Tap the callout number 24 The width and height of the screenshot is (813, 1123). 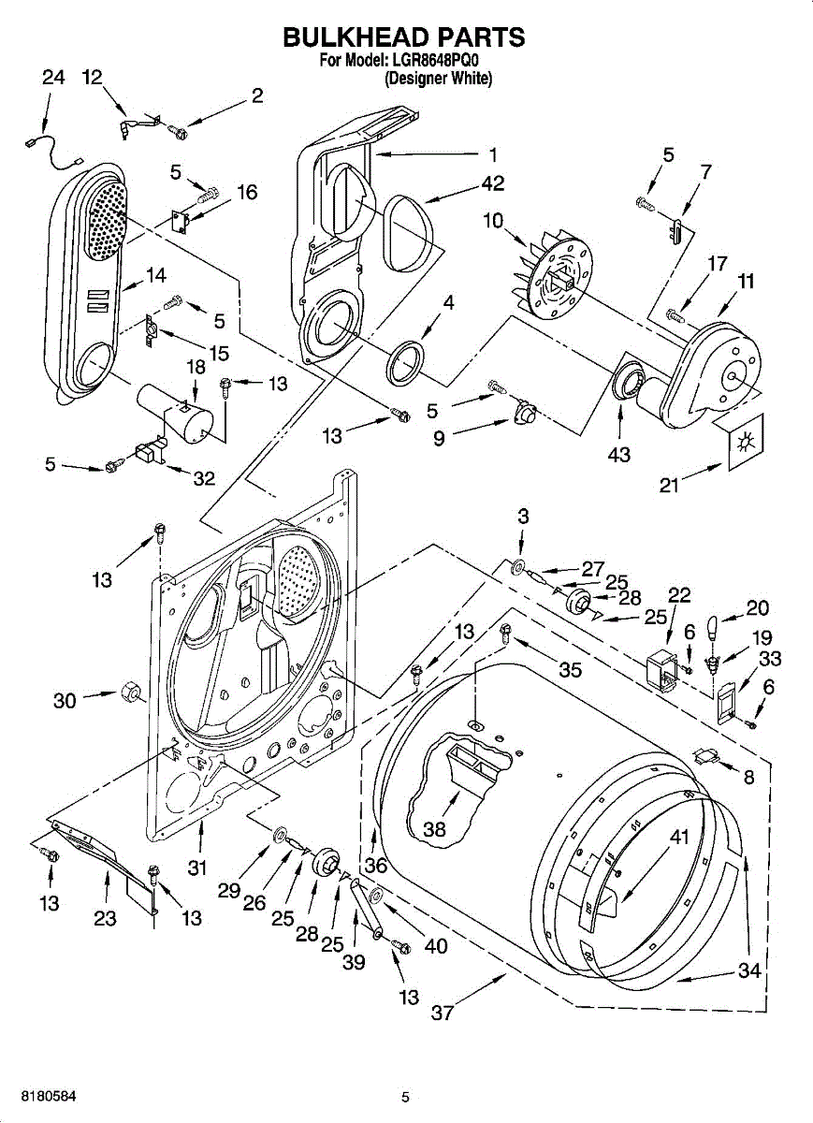click(x=53, y=78)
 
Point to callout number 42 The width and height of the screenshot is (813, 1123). click(x=492, y=183)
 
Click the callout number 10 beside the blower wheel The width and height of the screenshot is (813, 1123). click(x=493, y=221)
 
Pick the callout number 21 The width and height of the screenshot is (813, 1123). click(x=669, y=486)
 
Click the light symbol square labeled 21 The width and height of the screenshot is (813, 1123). click(x=746, y=442)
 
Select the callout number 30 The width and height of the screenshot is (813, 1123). click(x=65, y=700)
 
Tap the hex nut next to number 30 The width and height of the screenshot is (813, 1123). click(x=129, y=693)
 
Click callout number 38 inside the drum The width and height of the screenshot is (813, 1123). click(x=434, y=829)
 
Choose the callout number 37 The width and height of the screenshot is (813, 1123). click(x=443, y=1013)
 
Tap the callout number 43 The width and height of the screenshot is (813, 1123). click(x=619, y=455)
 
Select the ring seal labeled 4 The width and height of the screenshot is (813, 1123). click(x=405, y=362)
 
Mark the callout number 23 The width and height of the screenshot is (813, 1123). click(x=105, y=918)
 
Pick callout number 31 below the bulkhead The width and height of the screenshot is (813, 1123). click(x=197, y=868)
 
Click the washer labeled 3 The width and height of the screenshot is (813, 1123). click(x=517, y=567)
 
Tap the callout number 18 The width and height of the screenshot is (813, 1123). click(x=196, y=367)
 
